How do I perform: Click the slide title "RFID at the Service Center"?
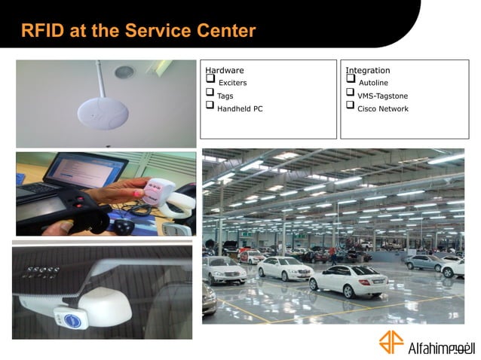coord(138,31)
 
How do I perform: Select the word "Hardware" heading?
coord(224,70)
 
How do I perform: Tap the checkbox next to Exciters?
coord(210,78)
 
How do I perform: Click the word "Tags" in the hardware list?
coord(225,96)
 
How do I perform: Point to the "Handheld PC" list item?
coord(240,108)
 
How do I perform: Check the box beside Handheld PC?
coord(210,105)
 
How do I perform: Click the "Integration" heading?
coord(368,70)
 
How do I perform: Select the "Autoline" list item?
coord(373,82)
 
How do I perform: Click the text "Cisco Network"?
coord(382,108)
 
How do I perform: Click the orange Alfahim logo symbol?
coord(391,342)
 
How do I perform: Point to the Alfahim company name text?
coord(440,347)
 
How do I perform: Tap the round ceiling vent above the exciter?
coord(124,72)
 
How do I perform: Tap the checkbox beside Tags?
coord(210,92)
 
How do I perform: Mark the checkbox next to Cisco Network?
coord(351,105)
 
